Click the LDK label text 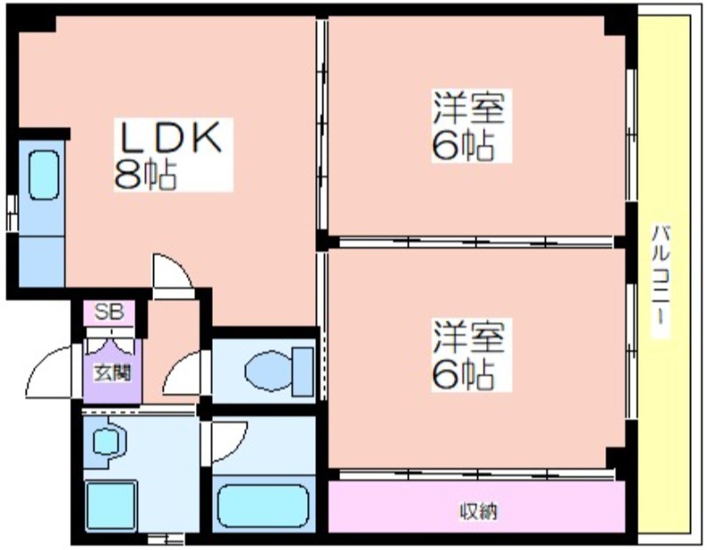pyautogui.click(x=170, y=137)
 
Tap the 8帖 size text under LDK pyautogui.click(x=145, y=175)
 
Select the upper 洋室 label pyautogui.click(x=468, y=108)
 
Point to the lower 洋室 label pyautogui.click(x=468, y=336)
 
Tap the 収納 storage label pyautogui.click(x=478, y=511)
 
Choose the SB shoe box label pyautogui.click(x=110, y=312)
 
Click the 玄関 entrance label pyautogui.click(x=112, y=374)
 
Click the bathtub pyautogui.click(x=263, y=505)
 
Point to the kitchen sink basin pyautogui.click(x=44, y=176)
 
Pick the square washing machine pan pyautogui.click(x=110, y=505)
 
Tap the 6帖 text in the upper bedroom pyautogui.click(x=463, y=146)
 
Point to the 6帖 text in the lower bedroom pyautogui.click(x=463, y=375)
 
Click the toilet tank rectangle pyautogui.click(x=303, y=372)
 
